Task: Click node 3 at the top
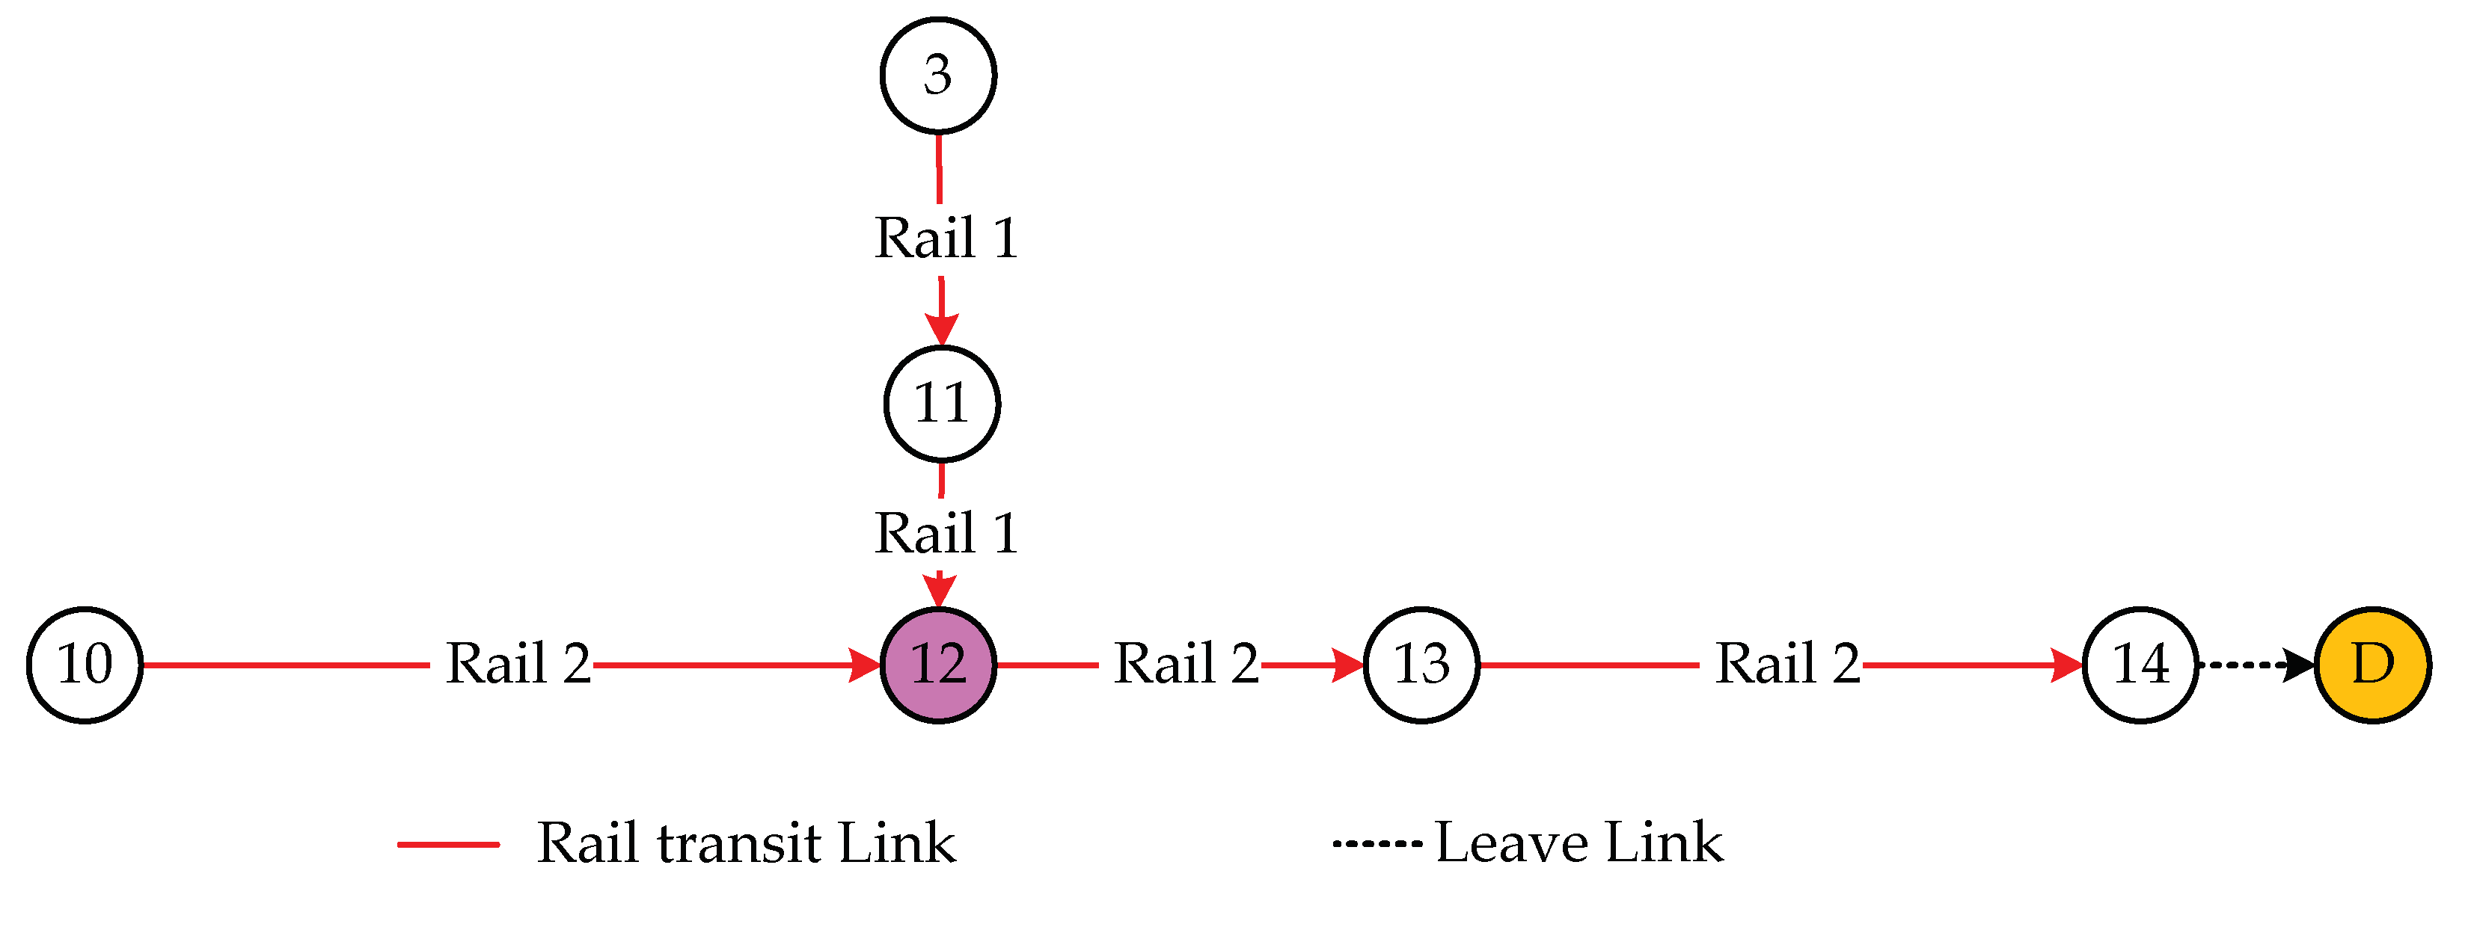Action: (938, 75)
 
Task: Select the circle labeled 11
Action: (942, 403)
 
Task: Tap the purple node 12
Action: (938, 665)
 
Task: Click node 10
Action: (85, 665)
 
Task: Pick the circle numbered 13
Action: (1421, 665)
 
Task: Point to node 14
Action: (2140, 665)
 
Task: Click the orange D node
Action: (2372, 665)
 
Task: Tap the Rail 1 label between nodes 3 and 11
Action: (945, 238)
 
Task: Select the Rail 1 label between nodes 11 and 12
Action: (945, 534)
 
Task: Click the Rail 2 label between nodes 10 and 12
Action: (518, 664)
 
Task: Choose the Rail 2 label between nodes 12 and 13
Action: (1185, 664)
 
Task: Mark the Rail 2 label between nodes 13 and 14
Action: (1786, 664)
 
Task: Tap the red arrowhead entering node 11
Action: (942, 327)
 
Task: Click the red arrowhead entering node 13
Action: (1349, 664)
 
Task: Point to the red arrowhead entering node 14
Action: (2066, 664)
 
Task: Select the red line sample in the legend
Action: (448, 845)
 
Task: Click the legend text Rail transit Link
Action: (745, 844)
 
